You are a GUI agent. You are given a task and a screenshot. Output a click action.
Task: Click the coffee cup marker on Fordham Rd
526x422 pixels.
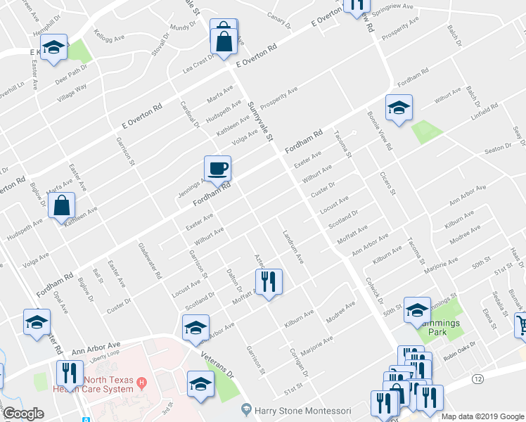tap(217, 169)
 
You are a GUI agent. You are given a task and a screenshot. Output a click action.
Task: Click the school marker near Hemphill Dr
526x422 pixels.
tap(53, 48)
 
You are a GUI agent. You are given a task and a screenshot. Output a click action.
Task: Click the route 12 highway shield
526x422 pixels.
tap(479, 379)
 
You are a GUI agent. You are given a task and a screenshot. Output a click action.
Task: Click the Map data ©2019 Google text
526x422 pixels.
tap(482, 416)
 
